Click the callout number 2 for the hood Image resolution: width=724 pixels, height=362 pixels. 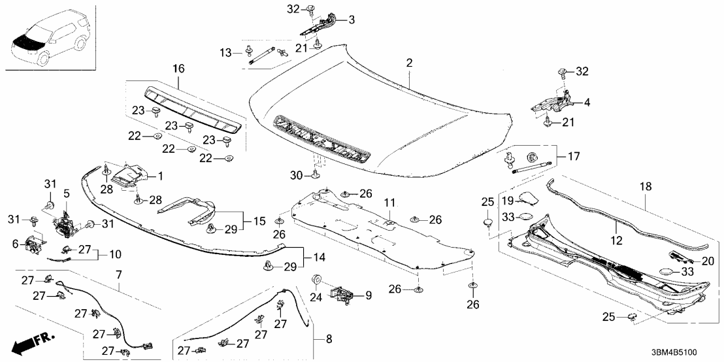(410, 63)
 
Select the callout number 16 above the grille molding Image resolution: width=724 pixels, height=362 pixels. (178, 69)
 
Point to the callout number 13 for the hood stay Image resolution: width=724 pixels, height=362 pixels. (225, 52)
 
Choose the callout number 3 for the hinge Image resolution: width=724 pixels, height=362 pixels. (351, 20)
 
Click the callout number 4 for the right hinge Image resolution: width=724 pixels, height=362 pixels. (586, 103)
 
